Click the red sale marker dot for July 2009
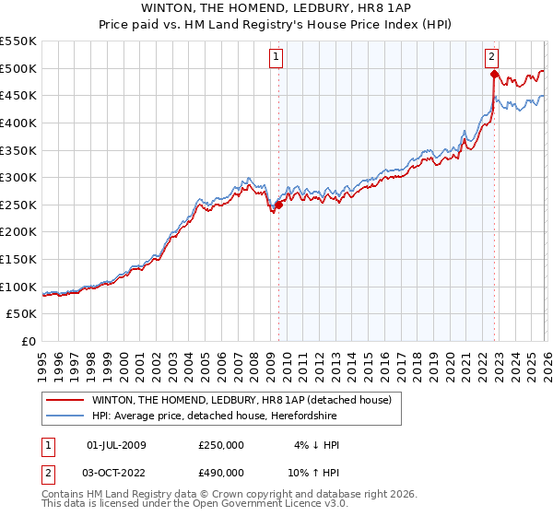point(278,205)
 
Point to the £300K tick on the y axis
point(19,177)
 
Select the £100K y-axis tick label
point(19,287)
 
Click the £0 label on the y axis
point(28,341)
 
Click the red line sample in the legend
point(65,400)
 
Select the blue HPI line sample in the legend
point(65,415)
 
